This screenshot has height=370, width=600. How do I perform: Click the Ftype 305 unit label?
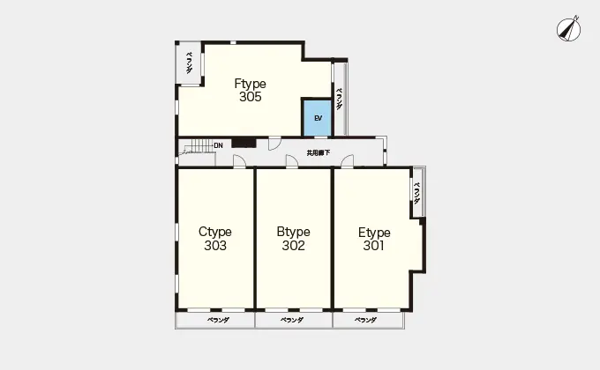coord(251,90)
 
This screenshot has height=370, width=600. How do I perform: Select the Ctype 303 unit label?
coord(215,239)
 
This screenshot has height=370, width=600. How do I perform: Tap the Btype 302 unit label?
coord(294,239)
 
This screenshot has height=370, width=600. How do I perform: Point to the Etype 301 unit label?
coord(374,239)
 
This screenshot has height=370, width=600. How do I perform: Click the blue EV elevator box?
coord(318,118)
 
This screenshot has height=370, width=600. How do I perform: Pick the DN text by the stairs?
coord(219,145)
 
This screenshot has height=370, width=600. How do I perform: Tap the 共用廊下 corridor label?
coord(319,153)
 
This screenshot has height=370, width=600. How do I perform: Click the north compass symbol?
coord(568,29)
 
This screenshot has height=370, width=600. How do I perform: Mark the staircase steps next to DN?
coord(199,146)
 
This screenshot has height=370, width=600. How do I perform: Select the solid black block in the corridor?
coord(244,143)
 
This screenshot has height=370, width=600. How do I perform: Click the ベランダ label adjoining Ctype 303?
coord(218,321)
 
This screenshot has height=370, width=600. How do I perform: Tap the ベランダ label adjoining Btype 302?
coord(292,320)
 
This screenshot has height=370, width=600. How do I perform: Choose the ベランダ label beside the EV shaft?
coord(340,99)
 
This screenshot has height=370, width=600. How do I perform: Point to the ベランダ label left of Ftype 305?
coord(189,63)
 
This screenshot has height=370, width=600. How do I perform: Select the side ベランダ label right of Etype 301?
coord(417,193)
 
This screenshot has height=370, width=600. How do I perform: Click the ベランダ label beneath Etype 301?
coord(365,320)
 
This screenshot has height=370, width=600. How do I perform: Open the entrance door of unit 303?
coord(239,161)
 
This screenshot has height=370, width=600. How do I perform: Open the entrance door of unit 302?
coord(292,161)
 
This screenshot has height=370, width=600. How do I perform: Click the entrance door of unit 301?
coord(347,161)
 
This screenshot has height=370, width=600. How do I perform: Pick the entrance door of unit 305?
coord(274,144)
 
